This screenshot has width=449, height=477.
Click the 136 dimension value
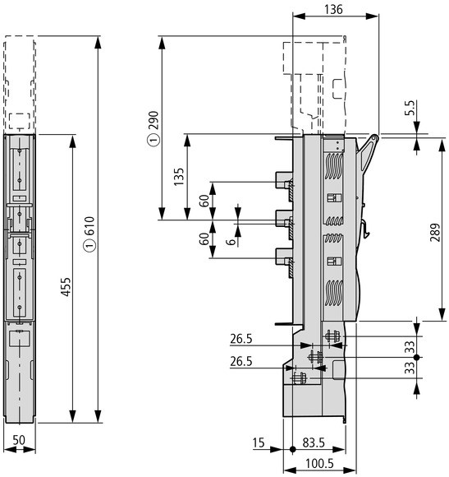(x=333, y=9)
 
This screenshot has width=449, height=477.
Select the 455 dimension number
(x=66, y=286)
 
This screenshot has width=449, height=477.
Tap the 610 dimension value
(x=89, y=225)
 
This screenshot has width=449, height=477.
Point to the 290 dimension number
(x=154, y=120)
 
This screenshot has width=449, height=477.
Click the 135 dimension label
(x=179, y=177)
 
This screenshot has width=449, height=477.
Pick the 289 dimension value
(x=435, y=233)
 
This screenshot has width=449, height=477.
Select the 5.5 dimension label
(x=410, y=108)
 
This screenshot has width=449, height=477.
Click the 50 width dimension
(x=19, y=440)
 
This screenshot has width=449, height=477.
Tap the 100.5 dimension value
(x=319, y=464)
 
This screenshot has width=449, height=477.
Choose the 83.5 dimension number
(x=314, y=442)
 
